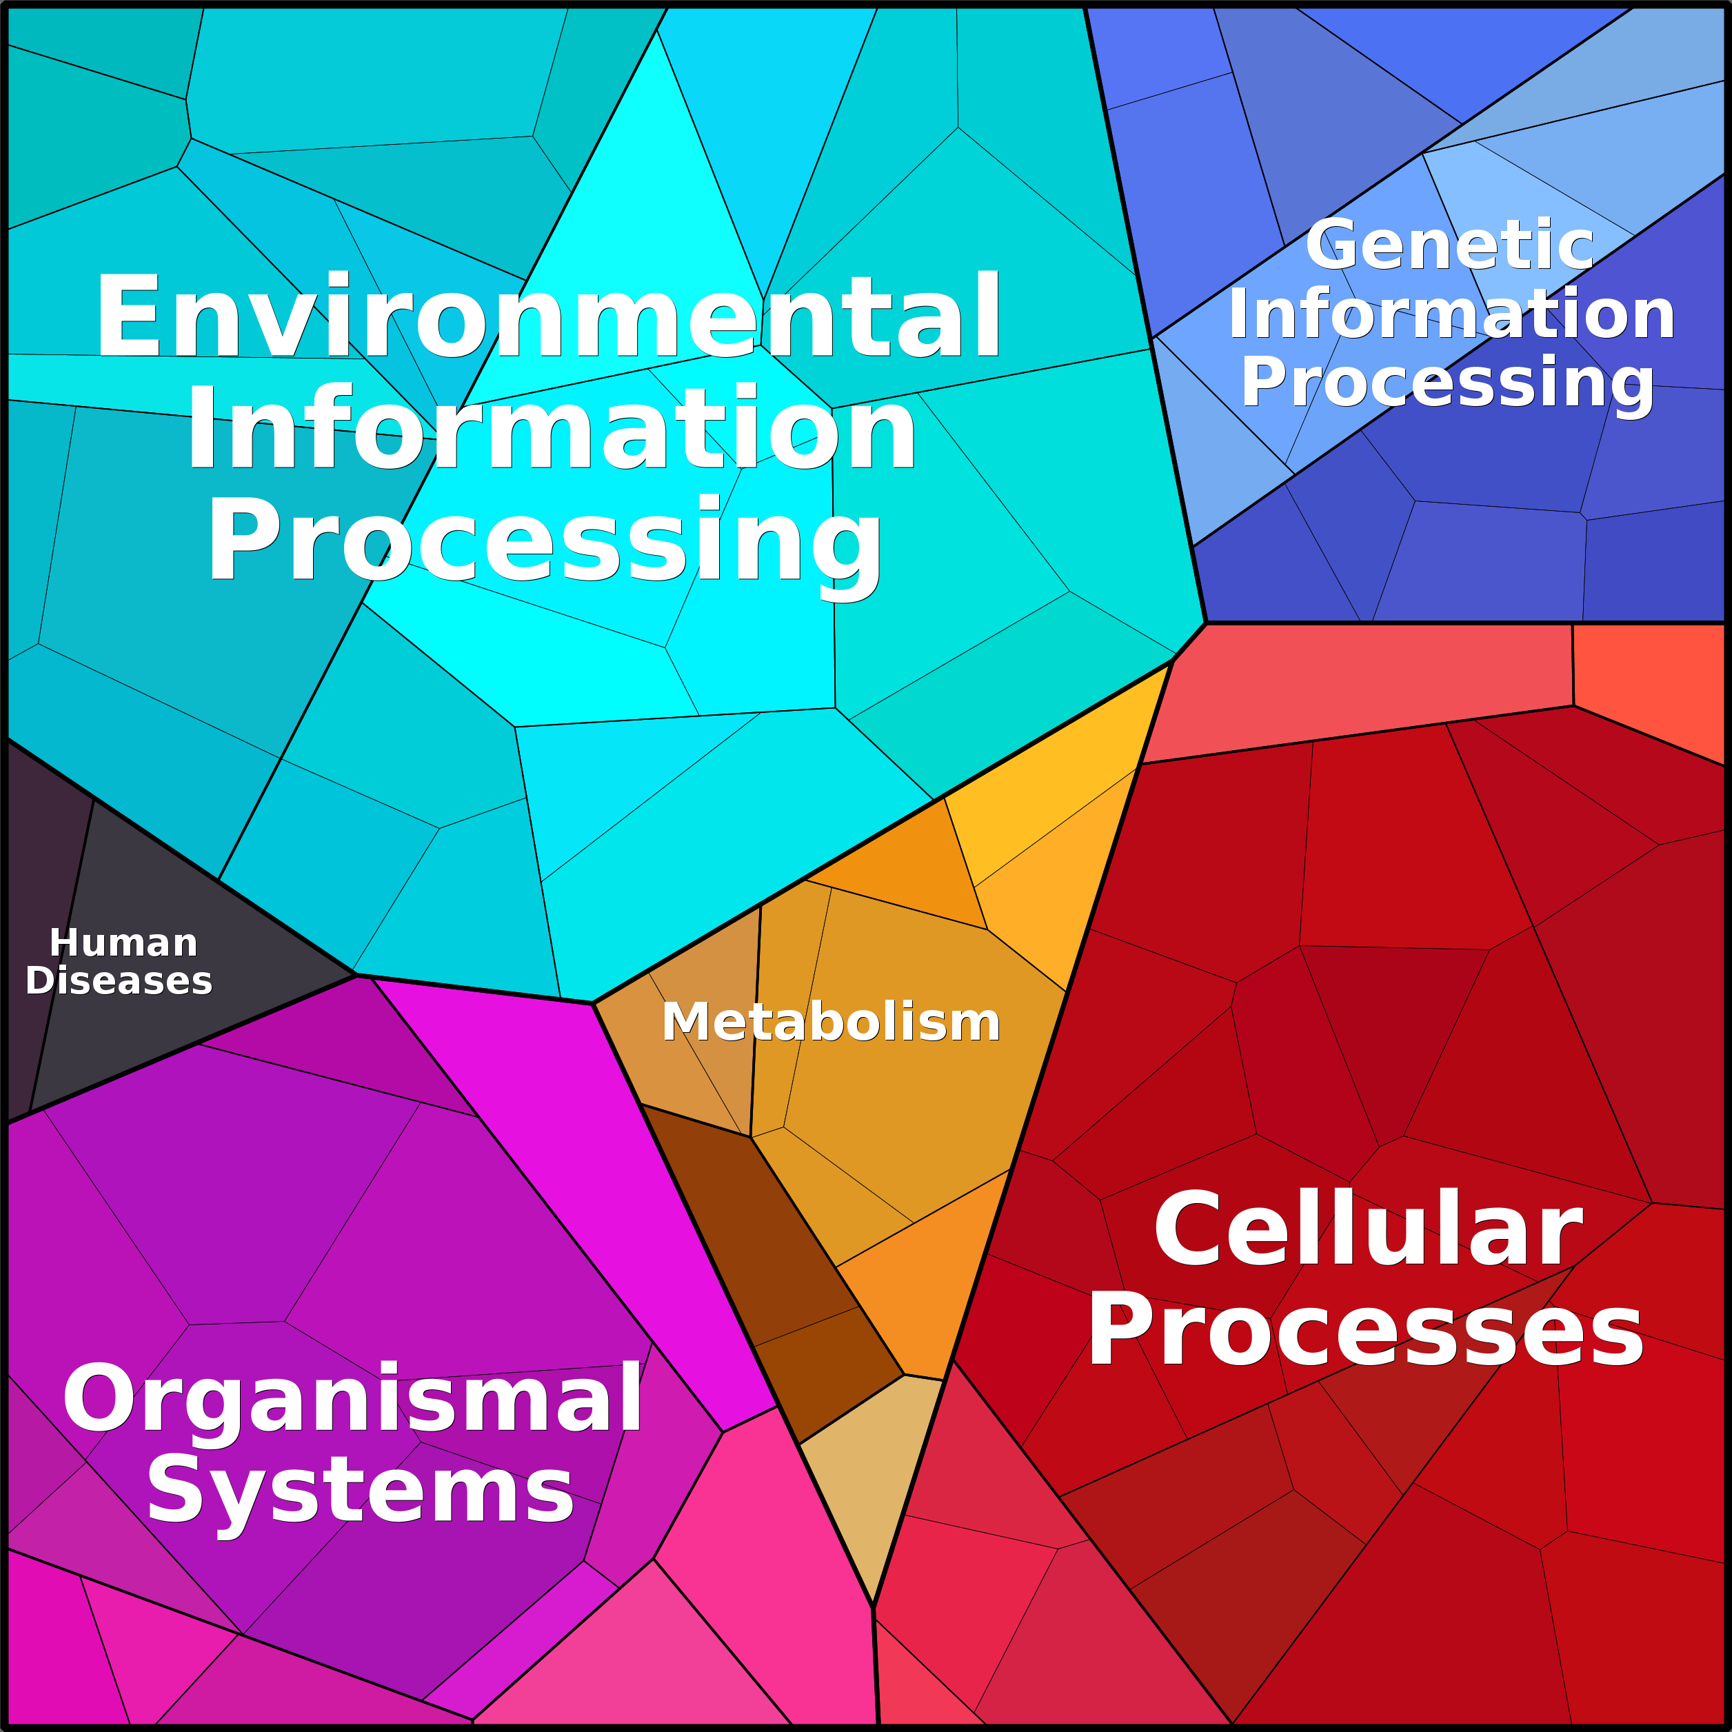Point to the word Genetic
pyautogui.click(x=1449, y=245)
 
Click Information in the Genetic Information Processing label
pyautogui.click(x=1451, y=314)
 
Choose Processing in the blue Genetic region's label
pyautogui.click(x=1447, y=383)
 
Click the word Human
pyautogui.click(x=123, y=943)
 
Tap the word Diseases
pyautogui.click(x=119, y=980)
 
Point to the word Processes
pyautogui.click(x=1365, y=1332)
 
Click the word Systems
pyautogui.click(x=361, y=1493)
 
